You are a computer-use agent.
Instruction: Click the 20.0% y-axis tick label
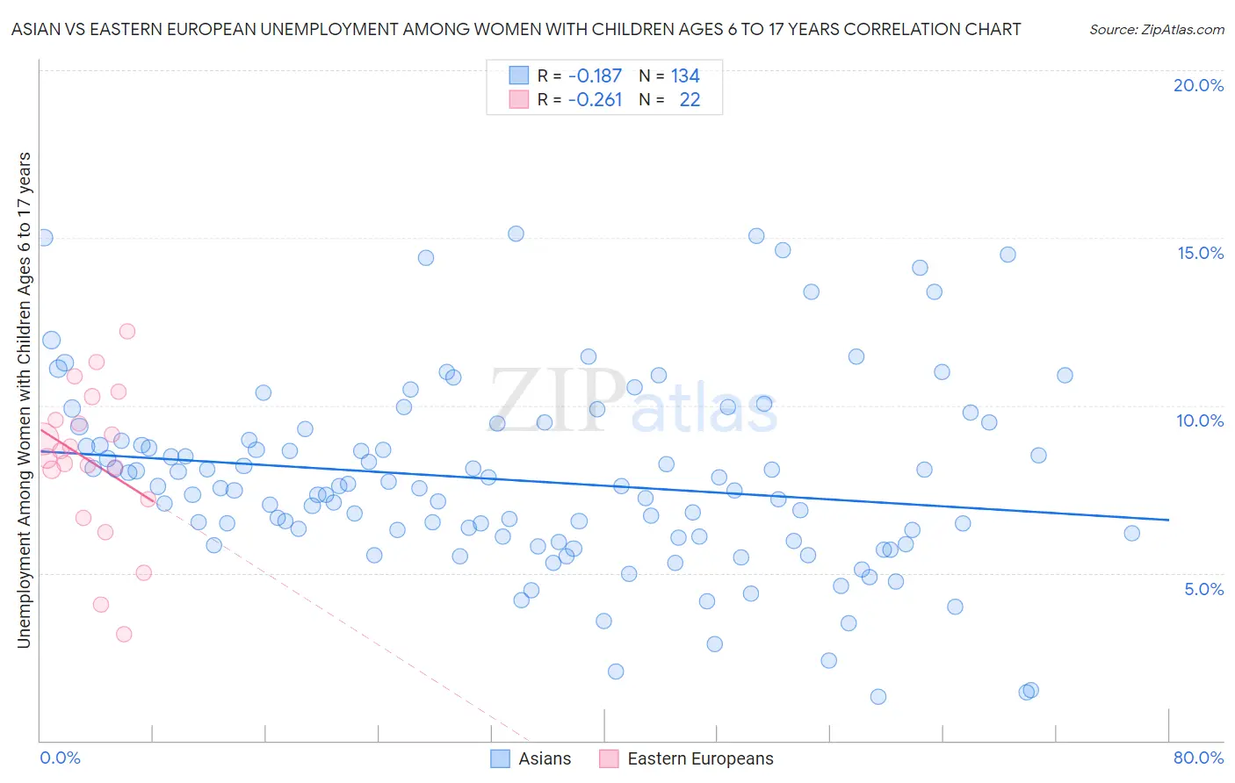coord(1198,85)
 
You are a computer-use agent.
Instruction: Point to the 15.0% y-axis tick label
coord(1200,253)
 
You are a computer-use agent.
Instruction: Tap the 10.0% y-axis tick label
coord(1200,420)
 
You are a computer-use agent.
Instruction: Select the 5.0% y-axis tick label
coord(1203,589)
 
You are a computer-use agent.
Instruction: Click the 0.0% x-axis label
coord(60,758)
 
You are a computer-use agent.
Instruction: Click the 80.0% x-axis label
coord(1198,758)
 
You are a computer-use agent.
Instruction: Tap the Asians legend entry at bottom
coord(544,758)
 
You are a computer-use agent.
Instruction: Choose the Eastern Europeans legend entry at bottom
coord(700,758)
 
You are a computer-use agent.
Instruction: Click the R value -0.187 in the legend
coord(595,76)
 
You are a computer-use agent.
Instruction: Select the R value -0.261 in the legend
coord(595,100)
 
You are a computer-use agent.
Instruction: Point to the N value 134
coord(685,76)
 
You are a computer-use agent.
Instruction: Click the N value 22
coord(690,100)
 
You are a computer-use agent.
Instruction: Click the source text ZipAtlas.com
coord(1156,30)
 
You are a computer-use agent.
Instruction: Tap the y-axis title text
coord(24,400)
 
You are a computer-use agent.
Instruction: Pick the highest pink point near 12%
coord(127,331)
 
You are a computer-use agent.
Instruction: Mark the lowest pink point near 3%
coord(124,634)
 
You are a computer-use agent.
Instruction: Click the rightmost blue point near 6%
coord(1131,533)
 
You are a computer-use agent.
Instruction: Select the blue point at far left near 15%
coord(44,237)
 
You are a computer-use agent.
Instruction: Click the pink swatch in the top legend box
coord(519,100)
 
